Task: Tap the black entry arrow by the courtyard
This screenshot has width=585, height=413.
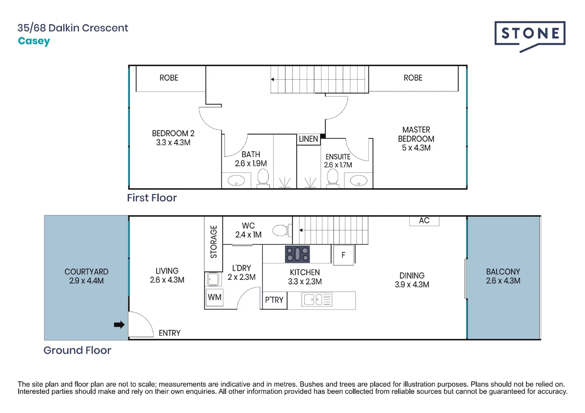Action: [x=119, y=325]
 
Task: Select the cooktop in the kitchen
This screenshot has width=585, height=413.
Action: [x=297, y=254]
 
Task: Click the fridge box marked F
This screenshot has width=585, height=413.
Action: [x=344, y=255]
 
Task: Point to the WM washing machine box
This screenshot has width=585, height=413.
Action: [x=214, y=297]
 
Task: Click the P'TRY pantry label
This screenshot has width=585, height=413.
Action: [x=274, y=300]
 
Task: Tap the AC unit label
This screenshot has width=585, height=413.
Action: [x=424, y=221]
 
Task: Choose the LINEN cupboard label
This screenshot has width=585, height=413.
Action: [x=308, y=139]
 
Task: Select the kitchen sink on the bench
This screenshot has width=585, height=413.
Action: [x=316, y=299]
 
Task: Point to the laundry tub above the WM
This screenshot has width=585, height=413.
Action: [x=213, y=279]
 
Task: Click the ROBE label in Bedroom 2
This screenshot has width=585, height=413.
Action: [x=169, y=78]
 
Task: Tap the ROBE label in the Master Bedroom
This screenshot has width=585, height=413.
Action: [x=413, y=78]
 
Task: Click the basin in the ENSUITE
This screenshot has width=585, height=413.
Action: [x=358, y=180]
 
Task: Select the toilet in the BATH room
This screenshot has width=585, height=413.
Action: [x=263, y=178]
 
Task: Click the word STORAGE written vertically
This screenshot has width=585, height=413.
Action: [x=213, y=242]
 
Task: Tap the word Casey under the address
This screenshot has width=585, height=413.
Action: [x=34, y=41]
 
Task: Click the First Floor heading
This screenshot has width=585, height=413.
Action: [x=152, y=198]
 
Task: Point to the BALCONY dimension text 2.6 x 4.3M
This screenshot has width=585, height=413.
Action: [x=503, y=281]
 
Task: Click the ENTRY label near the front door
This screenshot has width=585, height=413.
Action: [x=169, y=333]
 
